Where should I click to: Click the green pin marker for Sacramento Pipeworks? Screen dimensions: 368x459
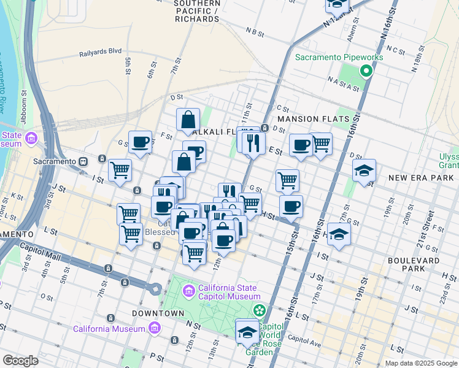click(366, 71)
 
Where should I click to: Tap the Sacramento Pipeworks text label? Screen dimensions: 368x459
click(339, 57)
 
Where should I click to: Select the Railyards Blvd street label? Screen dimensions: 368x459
click(100, 54)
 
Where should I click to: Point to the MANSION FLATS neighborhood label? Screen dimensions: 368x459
click(313, 119)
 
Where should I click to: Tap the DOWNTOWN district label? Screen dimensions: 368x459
click(158, 313)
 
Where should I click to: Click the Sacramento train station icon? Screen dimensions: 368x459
click(83, 161)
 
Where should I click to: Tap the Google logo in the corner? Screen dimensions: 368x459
click(20, 361)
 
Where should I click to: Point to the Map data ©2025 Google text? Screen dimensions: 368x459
click(420, 363)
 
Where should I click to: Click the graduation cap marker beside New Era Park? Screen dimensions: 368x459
click(364, 171)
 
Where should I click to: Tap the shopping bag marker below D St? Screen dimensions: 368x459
click(188, 120)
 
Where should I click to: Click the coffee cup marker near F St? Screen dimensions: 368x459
click(140, 143)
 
